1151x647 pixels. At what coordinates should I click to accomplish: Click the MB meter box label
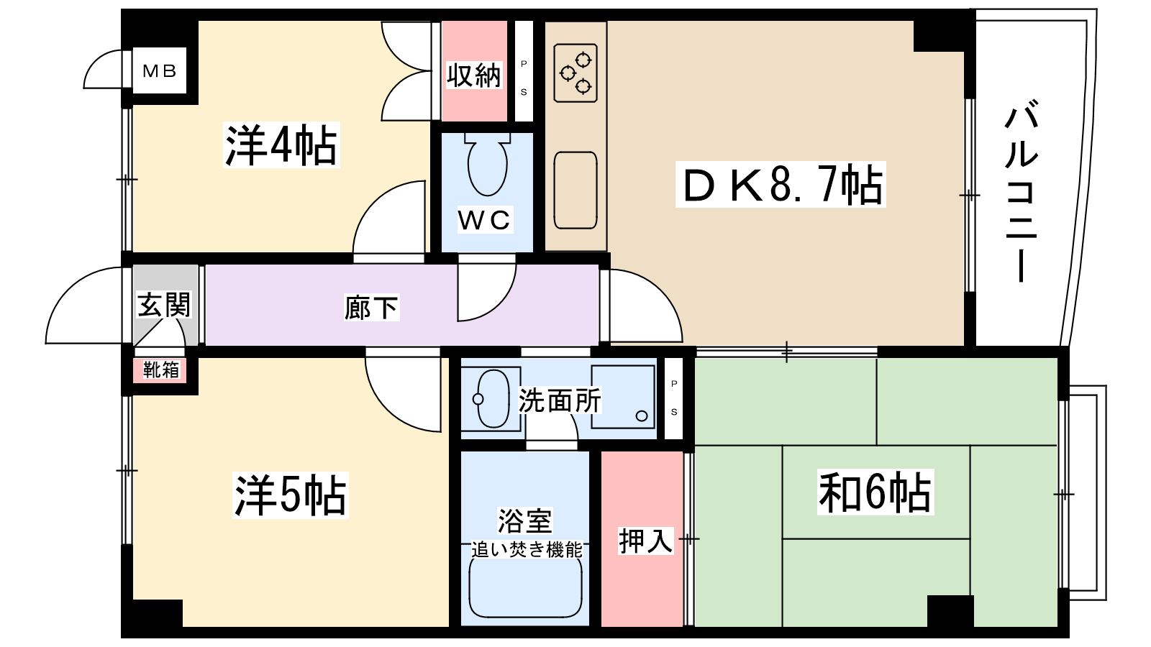pos(160,70)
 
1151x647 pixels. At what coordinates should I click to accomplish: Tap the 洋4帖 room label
pos(281,145)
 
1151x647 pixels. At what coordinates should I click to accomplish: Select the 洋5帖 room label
pos(290,495)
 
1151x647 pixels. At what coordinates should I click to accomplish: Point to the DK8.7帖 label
pos(781,185)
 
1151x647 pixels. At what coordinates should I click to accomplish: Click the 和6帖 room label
pos(875,492)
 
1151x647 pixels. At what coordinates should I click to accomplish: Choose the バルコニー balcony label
pos(1022,193)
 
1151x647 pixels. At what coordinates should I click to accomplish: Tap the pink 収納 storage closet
pos(474,70)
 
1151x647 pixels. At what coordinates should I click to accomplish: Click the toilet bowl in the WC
pos(487,164)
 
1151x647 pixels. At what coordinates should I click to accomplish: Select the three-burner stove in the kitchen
pos(575,73)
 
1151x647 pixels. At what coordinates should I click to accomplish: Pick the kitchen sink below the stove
pos(575,190)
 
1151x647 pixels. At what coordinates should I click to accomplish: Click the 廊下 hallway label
pos(370,308)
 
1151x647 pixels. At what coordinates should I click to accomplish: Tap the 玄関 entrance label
pos(164,305)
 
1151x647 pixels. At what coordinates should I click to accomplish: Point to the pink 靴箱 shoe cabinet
pos(160,370)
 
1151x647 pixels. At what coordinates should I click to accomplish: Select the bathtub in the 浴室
pos(525,585)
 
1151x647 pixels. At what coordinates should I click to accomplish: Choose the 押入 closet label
pos(646,541)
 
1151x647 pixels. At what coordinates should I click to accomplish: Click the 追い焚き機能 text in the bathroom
pos(527,550)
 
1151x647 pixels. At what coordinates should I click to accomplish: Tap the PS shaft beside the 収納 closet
pos(524,70)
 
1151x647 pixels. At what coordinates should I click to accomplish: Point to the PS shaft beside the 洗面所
pos(674,398)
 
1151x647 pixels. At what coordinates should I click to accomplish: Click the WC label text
pos(484,220)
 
